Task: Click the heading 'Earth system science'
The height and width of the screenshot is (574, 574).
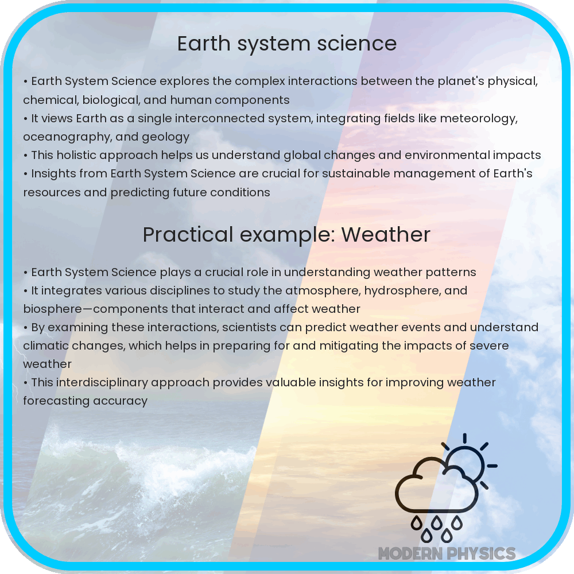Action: point(286,44)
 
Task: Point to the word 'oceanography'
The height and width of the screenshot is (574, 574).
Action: point(64,137)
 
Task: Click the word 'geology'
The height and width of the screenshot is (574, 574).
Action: point(168,137)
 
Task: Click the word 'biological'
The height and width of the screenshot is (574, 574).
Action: point(111,100)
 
